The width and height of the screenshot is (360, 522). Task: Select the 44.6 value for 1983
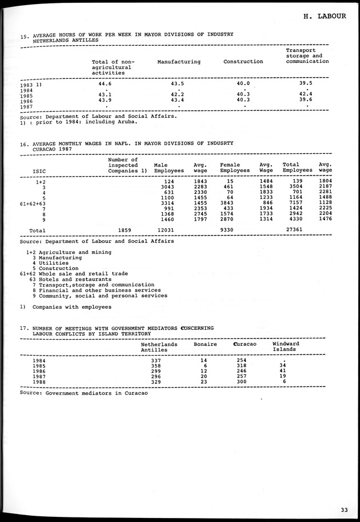click(105, 83)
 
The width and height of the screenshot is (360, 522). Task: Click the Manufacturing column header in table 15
click(179, 62)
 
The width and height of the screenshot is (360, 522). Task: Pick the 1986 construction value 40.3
click(243, 100)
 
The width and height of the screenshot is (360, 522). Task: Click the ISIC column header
click(39, 170)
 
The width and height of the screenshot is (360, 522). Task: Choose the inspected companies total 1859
click(124, 230)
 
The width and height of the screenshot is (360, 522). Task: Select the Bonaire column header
click(205, 344)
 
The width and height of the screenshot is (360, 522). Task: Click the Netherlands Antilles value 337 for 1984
click(155, 360)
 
